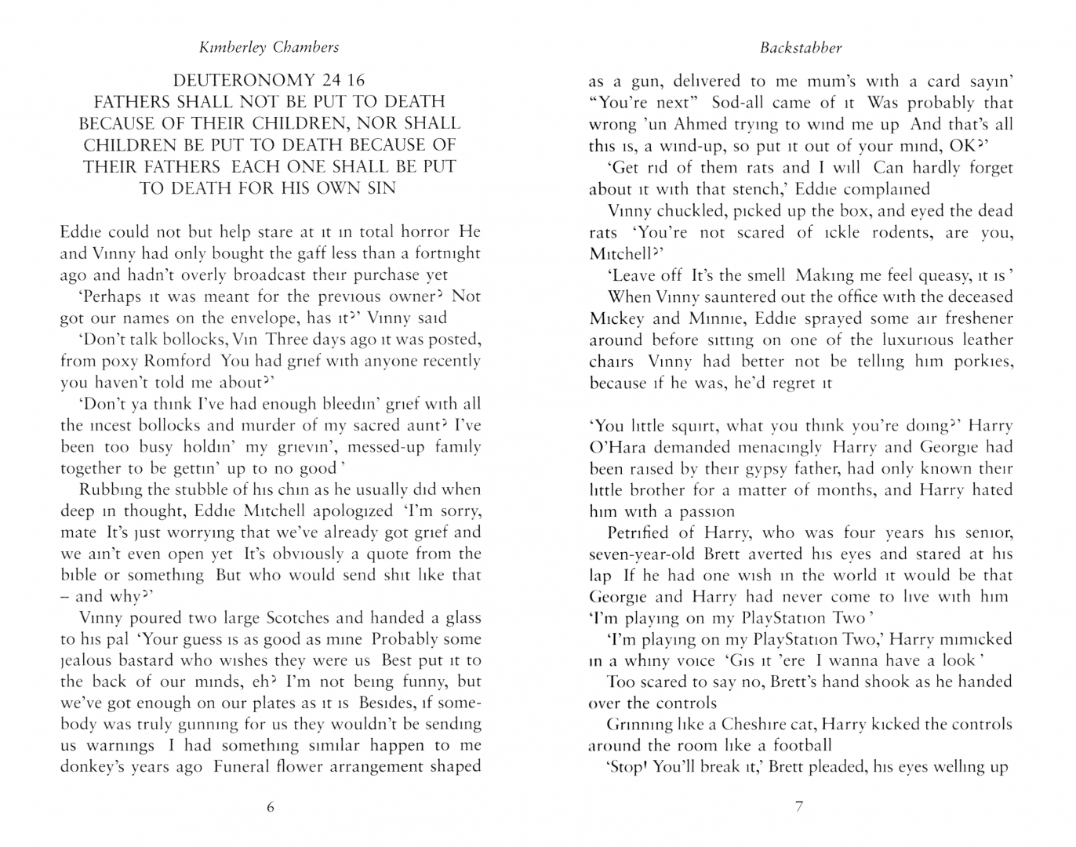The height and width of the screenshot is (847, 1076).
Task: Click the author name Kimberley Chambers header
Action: click(x=270, y=47)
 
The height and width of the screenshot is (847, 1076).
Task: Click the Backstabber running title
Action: click(x=801, y=47)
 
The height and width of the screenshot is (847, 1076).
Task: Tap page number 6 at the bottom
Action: click(x=271, y=806)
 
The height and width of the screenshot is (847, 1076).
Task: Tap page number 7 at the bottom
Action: click(x=799, y=806)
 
